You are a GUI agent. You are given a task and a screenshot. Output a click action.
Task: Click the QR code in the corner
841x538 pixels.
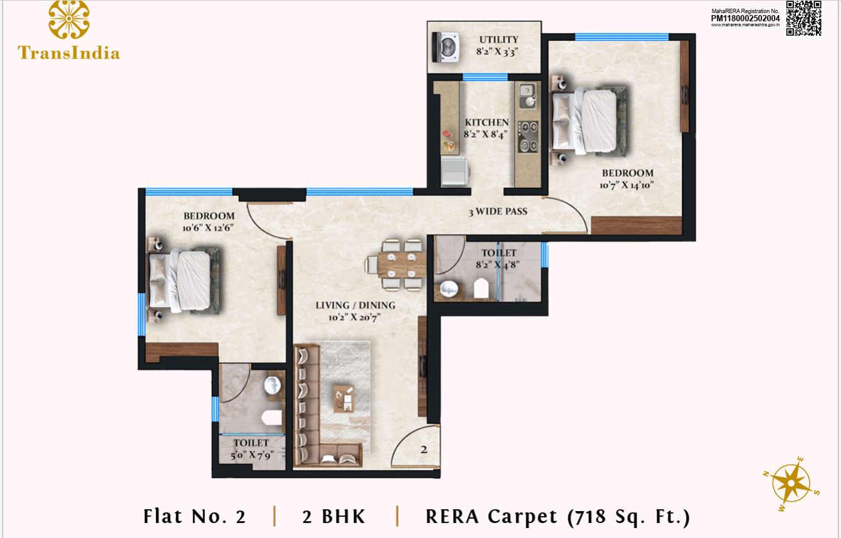804,18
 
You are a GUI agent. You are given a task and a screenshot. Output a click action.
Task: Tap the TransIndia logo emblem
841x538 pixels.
69,19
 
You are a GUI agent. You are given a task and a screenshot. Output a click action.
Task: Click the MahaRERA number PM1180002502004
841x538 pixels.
745,18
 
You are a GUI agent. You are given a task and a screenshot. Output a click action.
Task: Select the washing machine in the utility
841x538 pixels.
446,47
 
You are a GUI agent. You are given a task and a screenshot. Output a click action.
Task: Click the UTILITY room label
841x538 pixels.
499,39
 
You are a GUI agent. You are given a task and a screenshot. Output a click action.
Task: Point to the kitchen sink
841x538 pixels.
528,96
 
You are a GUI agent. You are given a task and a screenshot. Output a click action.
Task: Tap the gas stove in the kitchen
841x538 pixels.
528,137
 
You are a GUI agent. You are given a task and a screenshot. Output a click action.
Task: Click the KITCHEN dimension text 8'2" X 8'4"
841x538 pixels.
486,134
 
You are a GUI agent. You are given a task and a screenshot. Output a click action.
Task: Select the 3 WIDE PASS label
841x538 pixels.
498,212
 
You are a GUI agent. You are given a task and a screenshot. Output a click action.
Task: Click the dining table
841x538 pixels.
402,264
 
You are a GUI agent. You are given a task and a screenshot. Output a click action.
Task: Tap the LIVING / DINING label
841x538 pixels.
355,306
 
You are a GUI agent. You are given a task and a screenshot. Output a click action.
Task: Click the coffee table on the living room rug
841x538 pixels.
343,398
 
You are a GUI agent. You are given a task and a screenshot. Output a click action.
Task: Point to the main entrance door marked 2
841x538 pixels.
415,447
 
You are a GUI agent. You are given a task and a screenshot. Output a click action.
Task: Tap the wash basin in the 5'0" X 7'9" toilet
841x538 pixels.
273,385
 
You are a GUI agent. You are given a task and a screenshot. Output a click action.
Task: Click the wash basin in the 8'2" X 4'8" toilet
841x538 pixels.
449,289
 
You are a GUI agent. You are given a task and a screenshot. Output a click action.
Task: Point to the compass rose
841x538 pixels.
791,484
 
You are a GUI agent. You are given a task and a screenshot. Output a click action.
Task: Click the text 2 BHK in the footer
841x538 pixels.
333,517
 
